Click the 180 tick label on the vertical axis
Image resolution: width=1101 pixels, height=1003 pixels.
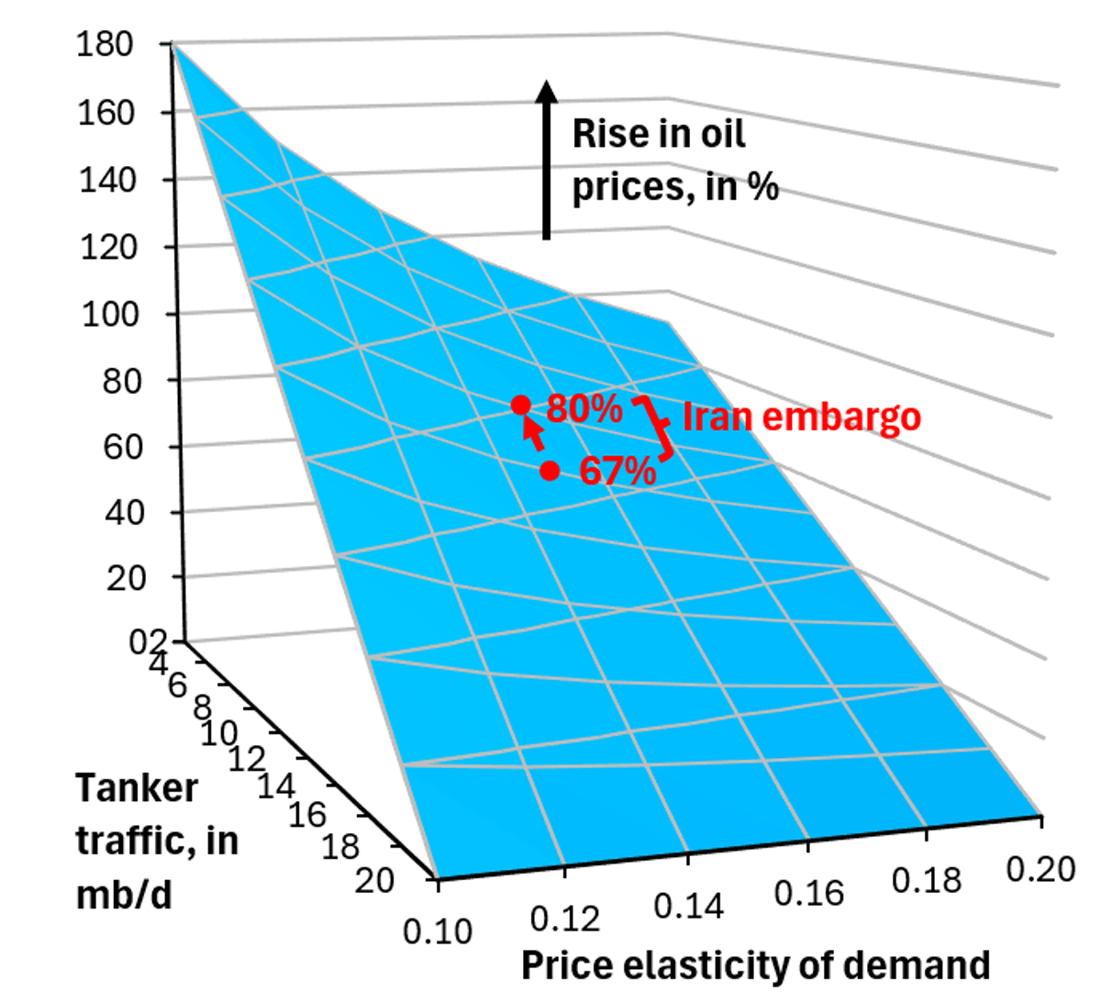[x=106, y=45]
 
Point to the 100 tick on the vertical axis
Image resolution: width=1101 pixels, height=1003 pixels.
[x=110, y=315]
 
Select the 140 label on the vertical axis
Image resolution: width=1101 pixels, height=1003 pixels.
[x=106, y=180]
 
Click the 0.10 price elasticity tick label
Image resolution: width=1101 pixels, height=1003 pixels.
[x=438, y=931]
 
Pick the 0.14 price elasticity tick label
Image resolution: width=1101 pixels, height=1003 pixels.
[x=688, y=907]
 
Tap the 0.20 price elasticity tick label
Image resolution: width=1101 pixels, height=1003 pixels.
[x=1040, y=868]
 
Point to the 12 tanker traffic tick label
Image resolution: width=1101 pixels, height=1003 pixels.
[x=246, y=759]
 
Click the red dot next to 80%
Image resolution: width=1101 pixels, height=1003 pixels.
[x=520, y=405]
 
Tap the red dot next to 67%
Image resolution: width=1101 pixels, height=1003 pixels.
[x=550, y=471]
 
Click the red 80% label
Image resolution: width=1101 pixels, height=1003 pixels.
[x=584, y=409]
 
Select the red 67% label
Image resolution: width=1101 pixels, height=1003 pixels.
[x=617, y=472]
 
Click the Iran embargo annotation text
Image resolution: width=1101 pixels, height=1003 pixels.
[x=801, y=417]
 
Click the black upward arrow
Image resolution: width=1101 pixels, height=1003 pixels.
[x=547, y=160]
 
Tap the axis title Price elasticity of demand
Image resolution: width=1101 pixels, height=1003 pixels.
[x=755, y=965]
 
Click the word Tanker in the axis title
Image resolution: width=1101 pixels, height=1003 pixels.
[x=136, y=788]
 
